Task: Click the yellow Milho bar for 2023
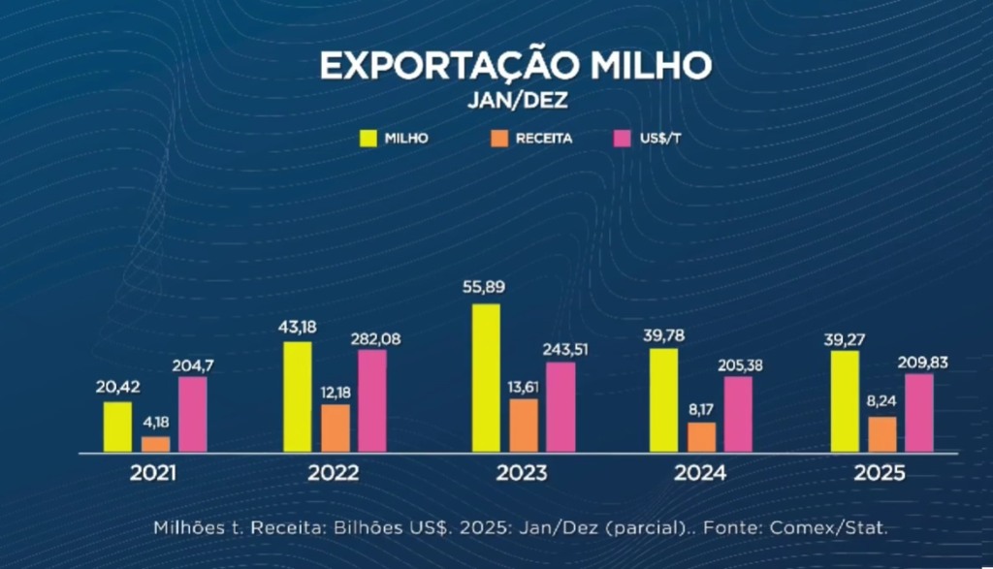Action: pyautogui.click(x=486, y=378)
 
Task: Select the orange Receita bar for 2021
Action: pyautogui.click(x=155, y=444)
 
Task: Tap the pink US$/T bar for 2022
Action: pyautogui.click(x=372, y=400)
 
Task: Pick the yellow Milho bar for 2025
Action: pyautogui.click(x=846, y=401)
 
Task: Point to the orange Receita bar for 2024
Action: pyautogui.click(x=701, y=437)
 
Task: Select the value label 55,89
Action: pyautogui.click(x=487, y=289)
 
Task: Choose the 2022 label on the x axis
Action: pyautogui.click(x=333, y=474)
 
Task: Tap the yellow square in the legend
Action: pyautogui.click(x=368, y=137)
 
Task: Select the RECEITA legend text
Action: pyautogui.click(x=544, y=138)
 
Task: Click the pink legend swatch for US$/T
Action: pyautogui.click(x=624, y=137)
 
